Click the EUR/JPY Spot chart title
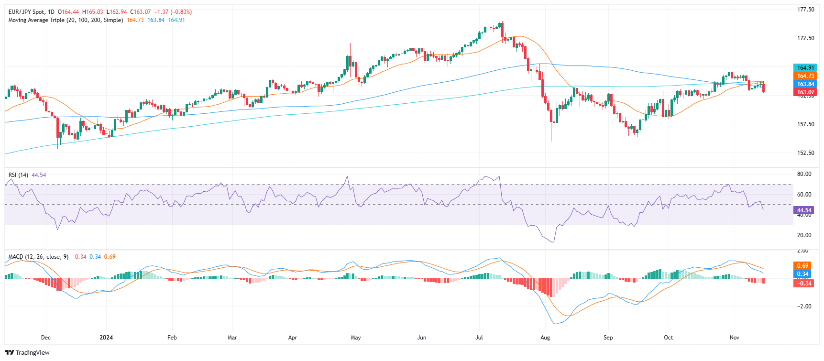pos(31,12)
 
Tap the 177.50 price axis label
pos(805,10)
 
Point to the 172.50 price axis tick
pos(805,38)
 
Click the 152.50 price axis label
pos(805,153)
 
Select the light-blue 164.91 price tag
pos(805,68)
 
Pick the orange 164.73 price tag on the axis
pos(805,76)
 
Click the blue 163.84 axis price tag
pos(805,84)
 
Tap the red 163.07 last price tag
pos(805,92)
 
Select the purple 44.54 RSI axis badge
pos(804,210)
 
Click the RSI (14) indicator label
pos(18,175)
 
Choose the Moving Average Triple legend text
pos(66,20)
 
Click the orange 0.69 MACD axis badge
pos(802,266)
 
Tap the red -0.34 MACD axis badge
pos(804,283)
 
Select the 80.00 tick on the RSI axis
pos(804,174)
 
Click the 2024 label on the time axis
pos(106,338)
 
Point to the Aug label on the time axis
pos(545,338)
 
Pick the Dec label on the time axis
pos(46,338)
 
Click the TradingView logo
pos(27,353)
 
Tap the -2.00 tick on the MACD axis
pos(804,306)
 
